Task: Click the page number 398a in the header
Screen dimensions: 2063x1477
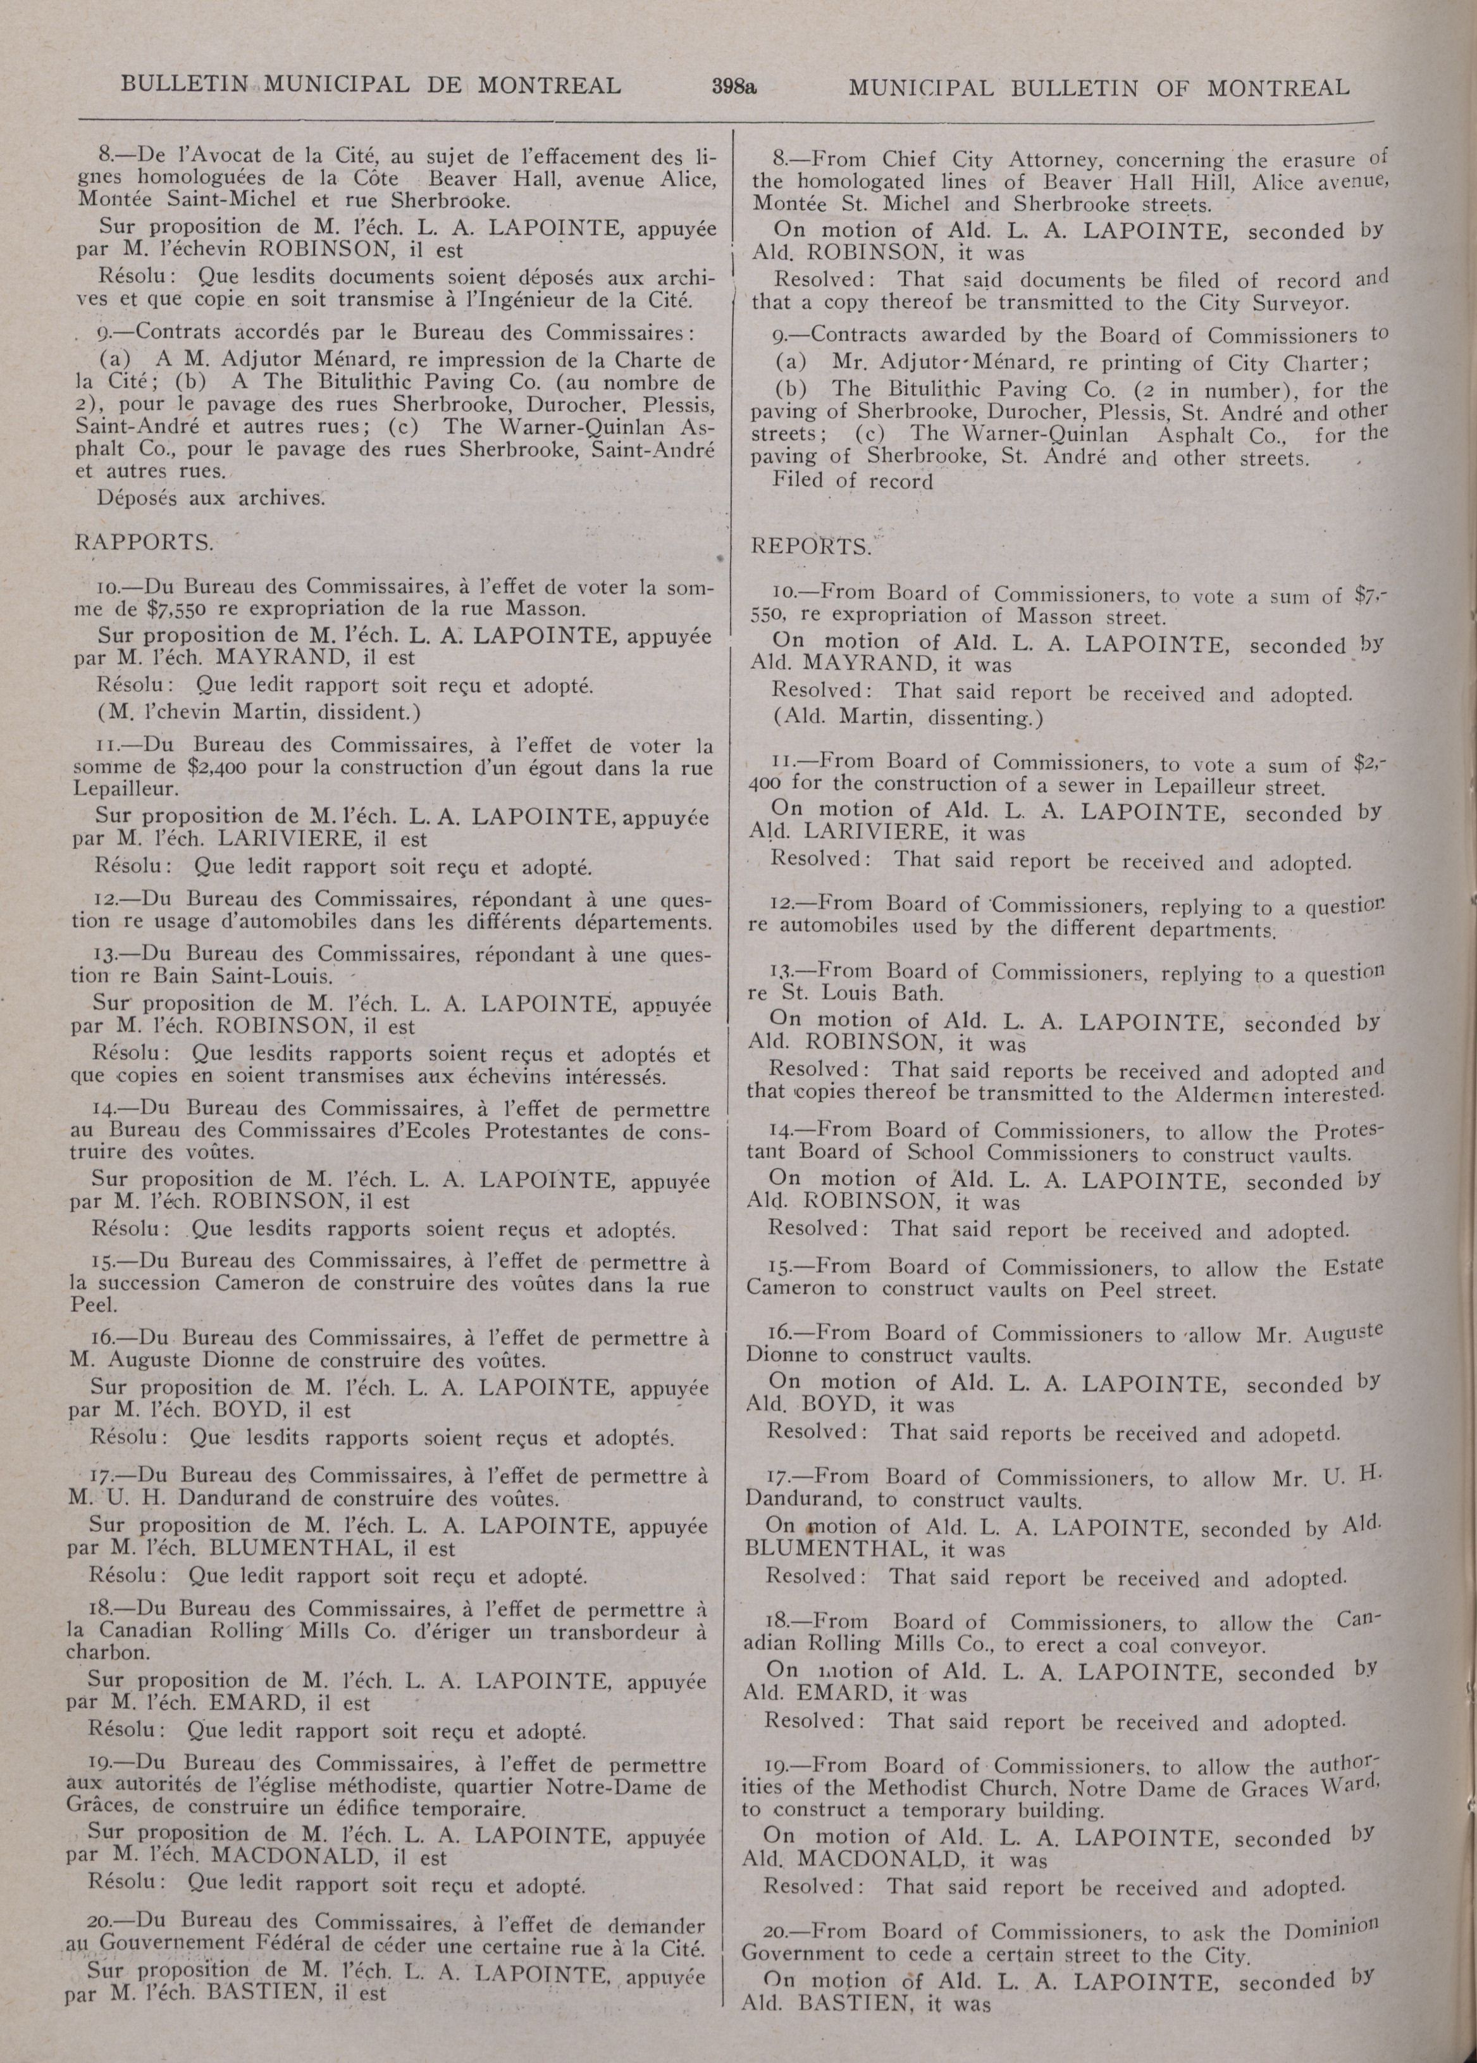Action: (735, 87)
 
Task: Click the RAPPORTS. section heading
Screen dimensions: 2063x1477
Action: (144, 543)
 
